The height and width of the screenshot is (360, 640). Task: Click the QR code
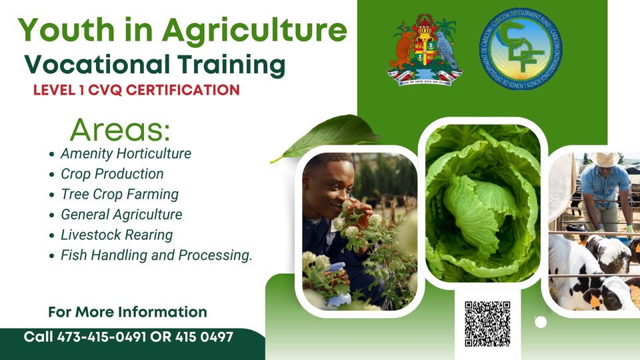[x=487, y=323]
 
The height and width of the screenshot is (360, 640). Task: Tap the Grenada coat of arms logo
[x=425, y=49]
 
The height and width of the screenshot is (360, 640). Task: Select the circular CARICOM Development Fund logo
[x=521, y=48]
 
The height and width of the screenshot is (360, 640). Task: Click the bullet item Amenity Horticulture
[x=125, y=153]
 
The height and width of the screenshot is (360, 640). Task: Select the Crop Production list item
[x=112, y=174]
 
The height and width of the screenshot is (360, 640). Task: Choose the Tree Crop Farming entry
[x=119, y=194]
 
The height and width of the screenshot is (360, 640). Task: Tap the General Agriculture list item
[x=121, y=215]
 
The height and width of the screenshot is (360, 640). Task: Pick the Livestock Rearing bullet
[x=117, y=235]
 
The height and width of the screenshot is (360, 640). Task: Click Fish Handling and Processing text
[x=157, y=255]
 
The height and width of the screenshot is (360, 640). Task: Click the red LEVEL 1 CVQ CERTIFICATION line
[x=136, y=90]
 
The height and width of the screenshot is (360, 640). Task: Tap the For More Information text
[x=127, y=312]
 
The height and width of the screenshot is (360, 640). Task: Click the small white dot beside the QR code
[x=541, y=322]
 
